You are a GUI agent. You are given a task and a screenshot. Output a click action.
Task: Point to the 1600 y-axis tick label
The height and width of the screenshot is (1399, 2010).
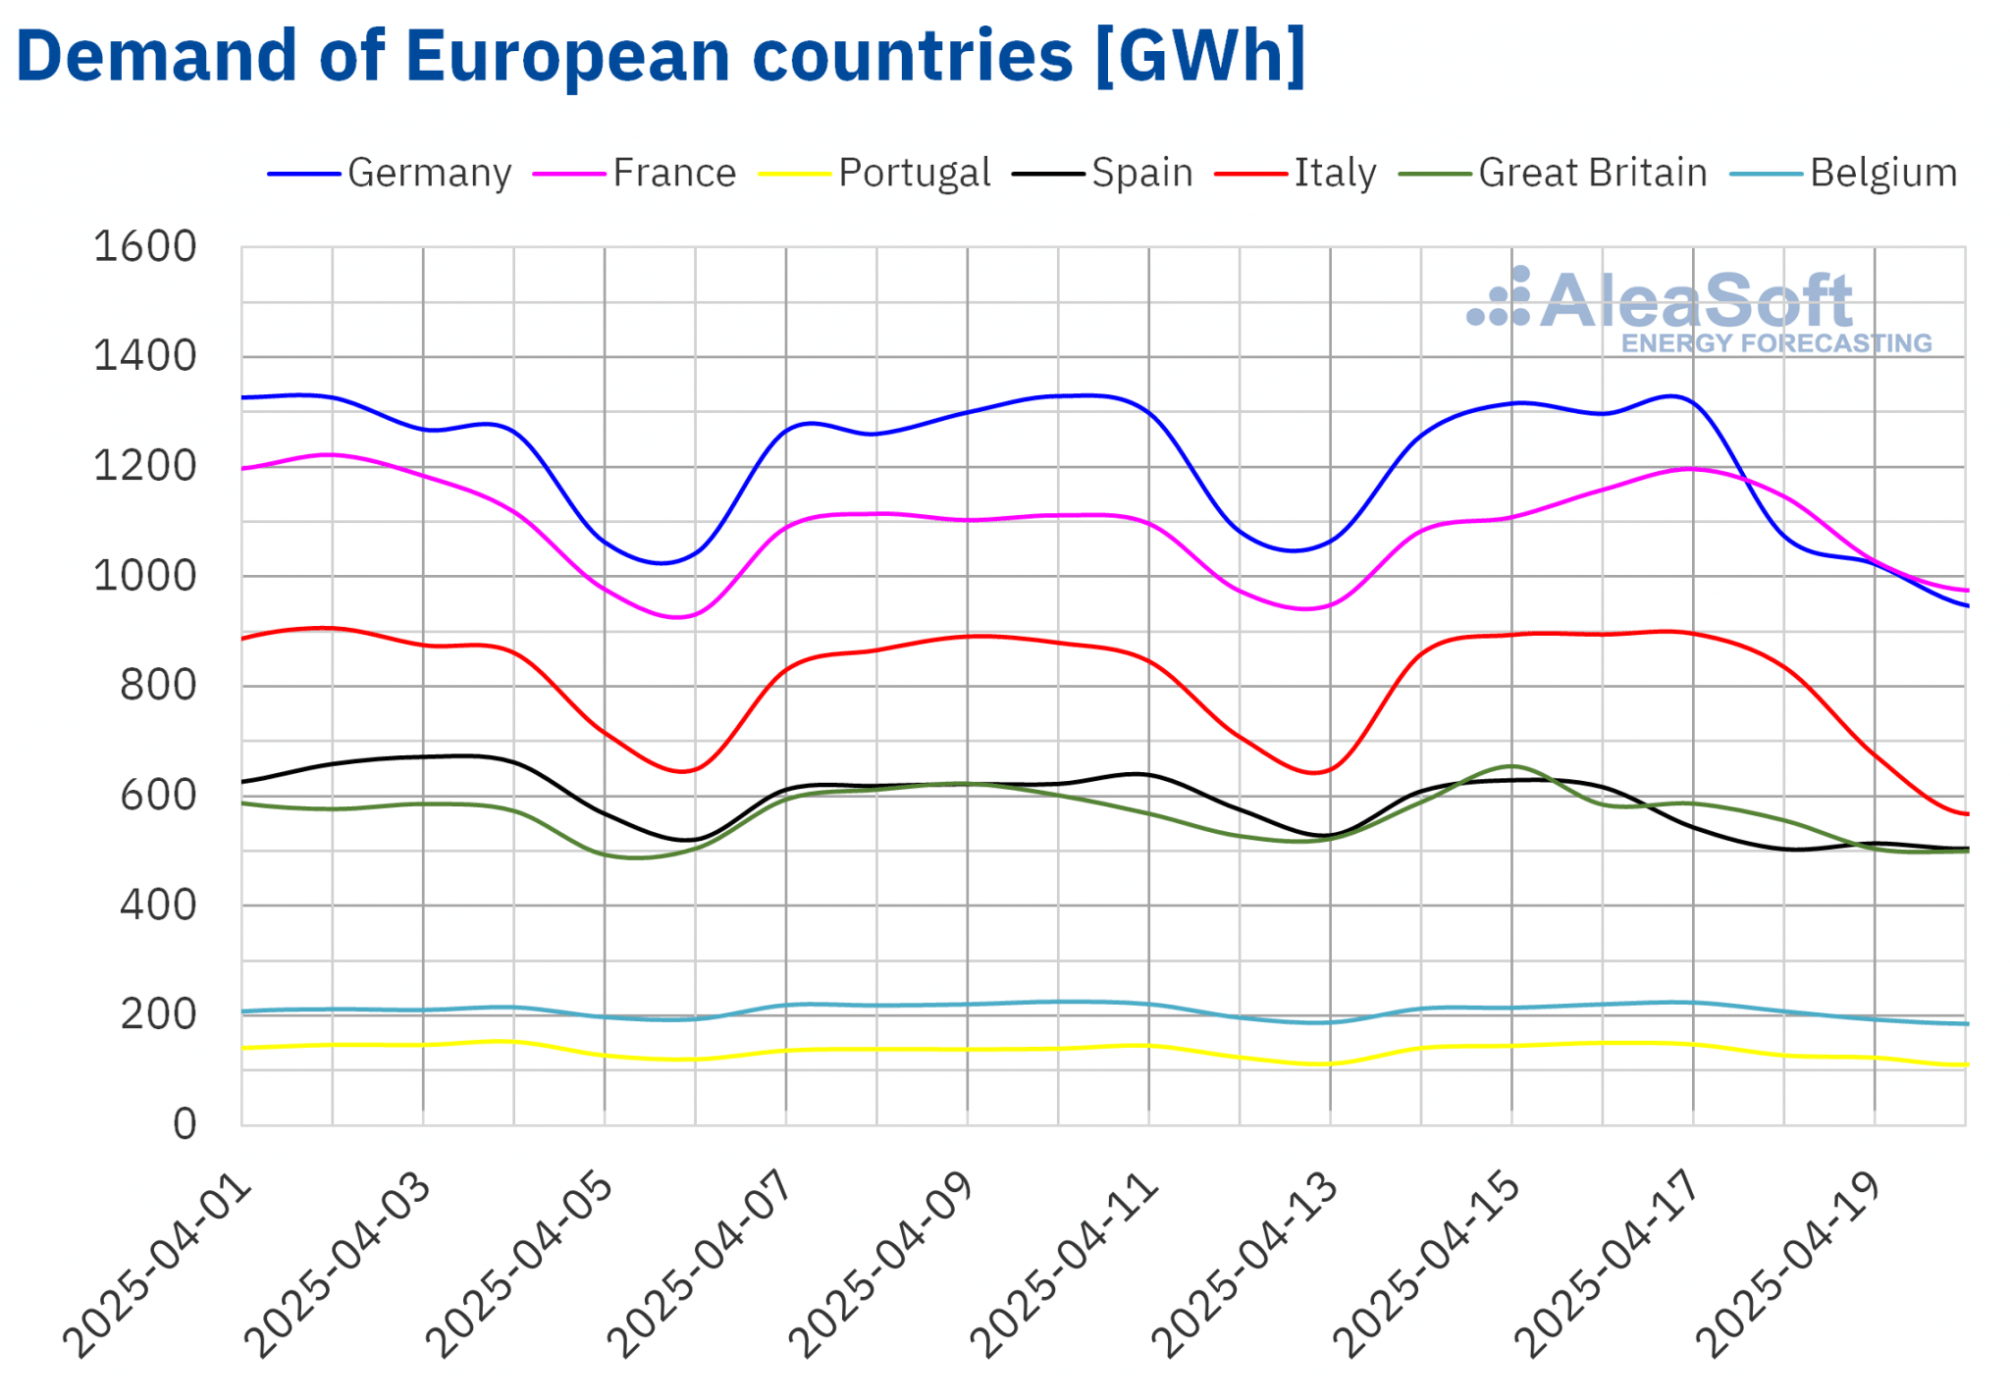[x=145, y=247]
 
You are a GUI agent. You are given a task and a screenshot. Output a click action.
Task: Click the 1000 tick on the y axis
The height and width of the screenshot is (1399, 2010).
[x=145, y=576]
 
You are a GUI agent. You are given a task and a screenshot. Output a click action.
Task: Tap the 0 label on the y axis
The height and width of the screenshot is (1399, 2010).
[x=185, y=1124]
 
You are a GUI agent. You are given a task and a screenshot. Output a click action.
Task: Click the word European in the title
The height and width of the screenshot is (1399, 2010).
[x=570, y=56]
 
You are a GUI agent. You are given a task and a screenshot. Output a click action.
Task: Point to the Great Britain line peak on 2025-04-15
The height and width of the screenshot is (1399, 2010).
[x=1511, y=765]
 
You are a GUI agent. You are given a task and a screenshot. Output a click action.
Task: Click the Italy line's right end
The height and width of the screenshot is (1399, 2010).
[x=1965, y=813]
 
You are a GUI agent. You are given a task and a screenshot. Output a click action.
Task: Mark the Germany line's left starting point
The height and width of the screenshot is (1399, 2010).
[x=243, y=397]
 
